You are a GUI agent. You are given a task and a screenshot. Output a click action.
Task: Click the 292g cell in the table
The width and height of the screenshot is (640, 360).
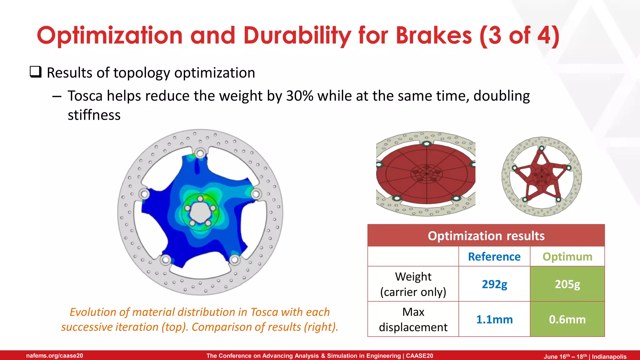pyautogui.click(x=494, y=284)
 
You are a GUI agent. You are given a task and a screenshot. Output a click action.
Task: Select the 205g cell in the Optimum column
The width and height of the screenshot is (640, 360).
pyautogui.click(x=567, y=284)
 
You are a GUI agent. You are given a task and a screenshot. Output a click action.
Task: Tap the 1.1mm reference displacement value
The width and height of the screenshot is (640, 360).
pyautogui.click(x=494, y=319)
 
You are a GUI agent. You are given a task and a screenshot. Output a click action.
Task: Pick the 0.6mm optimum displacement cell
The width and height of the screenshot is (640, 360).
pyautogui.click(x=567, y=319)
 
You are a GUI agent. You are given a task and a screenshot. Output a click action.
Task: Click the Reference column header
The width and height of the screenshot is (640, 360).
pyautogui.click(x=494, y=257)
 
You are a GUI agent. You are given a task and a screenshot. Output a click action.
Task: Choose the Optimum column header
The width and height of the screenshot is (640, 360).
pyautogui.click(x=567, y=257)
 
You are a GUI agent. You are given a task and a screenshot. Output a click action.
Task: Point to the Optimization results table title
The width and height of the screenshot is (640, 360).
pyautogui.click(x=486, y=236)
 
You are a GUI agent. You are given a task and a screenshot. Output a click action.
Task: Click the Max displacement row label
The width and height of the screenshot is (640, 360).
pyautogui.click(x=413, y=319)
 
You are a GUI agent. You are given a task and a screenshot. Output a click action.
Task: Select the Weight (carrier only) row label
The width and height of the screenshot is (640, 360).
pyautogui.click(x=413, y=284)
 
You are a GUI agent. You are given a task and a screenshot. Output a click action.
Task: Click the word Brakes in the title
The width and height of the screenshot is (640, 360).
pyautogui.click(x=433, y=35)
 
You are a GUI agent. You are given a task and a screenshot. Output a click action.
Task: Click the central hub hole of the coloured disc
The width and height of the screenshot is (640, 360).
pyautogui.click(x=200, y=212)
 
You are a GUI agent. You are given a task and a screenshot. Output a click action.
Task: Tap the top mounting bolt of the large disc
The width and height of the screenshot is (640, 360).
pyautogui.click(x=200, y=153)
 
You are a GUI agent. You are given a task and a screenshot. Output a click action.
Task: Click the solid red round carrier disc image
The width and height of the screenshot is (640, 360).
pyautogui.click(x=426, y=173)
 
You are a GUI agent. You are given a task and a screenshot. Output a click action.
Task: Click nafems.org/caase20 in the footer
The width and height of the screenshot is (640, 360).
pyautogui.click(x=55, y=356)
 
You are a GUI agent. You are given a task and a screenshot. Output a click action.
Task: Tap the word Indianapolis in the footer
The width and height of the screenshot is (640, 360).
pyautogui.click(x=609, y=357)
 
